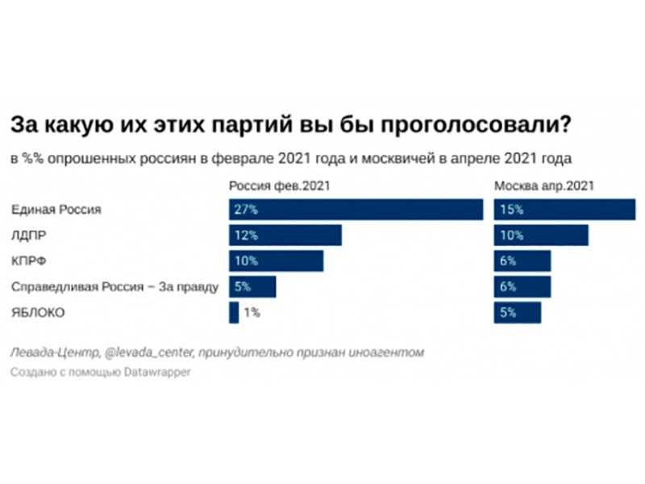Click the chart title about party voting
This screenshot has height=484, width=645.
[x=291, y=126]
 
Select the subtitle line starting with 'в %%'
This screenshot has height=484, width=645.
[x=290, y=158]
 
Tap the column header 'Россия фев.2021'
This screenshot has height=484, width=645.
[x=280, y=186]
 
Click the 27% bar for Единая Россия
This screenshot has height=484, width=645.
[x=356, y=209]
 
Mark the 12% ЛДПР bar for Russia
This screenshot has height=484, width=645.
[x=285, y=236]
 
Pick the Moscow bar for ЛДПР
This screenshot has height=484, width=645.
[x=540, y=236]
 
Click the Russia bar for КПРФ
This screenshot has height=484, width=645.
[x=276, y=261]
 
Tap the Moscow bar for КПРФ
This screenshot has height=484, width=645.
[x=522, y=261]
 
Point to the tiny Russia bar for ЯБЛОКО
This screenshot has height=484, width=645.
[x=234, y=313]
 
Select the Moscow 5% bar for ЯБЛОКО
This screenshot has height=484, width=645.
[x=517, y=313]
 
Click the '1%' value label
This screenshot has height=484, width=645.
[x=252, y=313]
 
